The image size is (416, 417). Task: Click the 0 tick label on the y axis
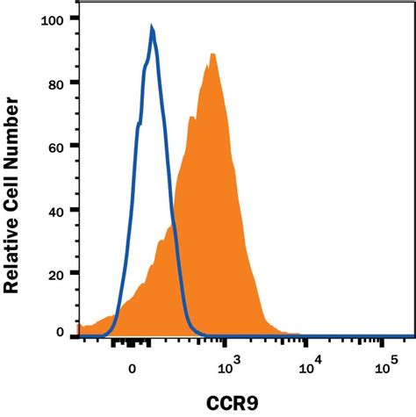point(60,334)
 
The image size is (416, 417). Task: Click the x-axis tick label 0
point(132,370)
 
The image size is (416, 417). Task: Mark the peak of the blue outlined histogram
point(153,29)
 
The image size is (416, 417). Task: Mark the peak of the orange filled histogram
point(212,54)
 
